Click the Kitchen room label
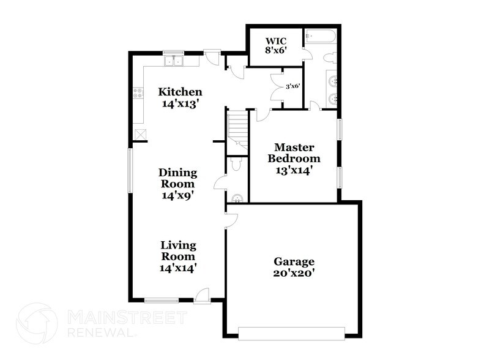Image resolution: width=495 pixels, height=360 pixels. pyautogui.click(x=180, y=98)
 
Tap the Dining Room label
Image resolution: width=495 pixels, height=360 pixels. pyautogui.click(x=177, y=184)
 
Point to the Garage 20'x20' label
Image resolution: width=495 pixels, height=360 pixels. pyautogui.click(x=294, y=267)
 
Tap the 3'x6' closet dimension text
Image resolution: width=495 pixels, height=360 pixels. pyautogui.click(x=292, y=86)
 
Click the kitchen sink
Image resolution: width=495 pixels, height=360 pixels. pyautogui.click(x=174, y=61)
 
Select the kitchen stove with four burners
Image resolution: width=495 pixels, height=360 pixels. pyautogui.click(x=138, y=94)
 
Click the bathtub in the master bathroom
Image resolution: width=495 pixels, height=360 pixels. pyautogui.click(x=320, y=37)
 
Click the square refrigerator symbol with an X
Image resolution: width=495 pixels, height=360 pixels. pyautogui.click(x=140, y=134)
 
